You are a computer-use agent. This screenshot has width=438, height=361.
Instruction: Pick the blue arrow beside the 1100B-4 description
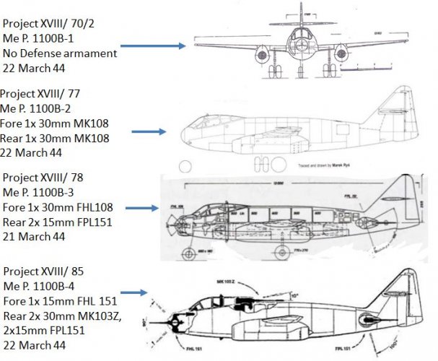point(135,292)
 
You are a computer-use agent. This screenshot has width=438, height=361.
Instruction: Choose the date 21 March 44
point(33,236)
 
